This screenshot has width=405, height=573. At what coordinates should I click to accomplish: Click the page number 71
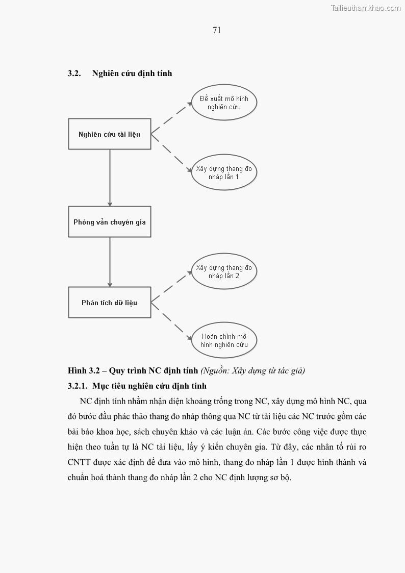click(217, 30)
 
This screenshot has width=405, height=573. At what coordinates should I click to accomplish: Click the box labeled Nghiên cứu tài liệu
click(110, 134)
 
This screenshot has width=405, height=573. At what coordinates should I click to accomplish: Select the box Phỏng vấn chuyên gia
click(110, 222)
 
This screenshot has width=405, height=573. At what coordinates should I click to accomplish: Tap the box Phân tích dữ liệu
click(110, 303)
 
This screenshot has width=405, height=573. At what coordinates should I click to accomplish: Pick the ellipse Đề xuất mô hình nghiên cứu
click(224, 103)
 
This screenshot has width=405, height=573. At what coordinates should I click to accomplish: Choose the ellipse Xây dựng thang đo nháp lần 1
click(224, 172)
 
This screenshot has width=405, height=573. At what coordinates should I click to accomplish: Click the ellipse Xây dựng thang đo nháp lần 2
click(224, 271)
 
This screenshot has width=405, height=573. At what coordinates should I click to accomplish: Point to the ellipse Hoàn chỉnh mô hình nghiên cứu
click(224, 340)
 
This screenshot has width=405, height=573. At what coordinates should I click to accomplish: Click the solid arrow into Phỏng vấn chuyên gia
click(110, 179)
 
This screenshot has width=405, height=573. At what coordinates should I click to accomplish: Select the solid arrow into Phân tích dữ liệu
click(110, 263)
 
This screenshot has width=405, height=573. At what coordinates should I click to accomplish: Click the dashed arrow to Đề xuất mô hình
click(171, 118)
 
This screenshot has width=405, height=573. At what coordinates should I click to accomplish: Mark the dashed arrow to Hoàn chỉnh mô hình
click(171, 320)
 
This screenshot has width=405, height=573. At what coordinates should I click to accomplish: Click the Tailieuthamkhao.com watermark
click(365, 8)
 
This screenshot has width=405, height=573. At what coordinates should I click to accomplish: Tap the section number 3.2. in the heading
click(74, 73)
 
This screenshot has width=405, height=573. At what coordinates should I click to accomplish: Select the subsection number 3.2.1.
click(78, 386)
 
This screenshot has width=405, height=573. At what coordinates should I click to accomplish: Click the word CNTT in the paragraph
click(79, 463)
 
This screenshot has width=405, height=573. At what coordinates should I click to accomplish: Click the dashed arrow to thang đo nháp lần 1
click(171, 152)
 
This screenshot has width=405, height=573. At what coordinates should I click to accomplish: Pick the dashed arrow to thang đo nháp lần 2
click(171, 286)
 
